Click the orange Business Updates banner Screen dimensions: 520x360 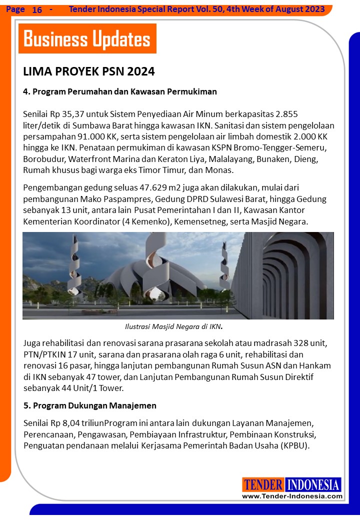click(87, 38)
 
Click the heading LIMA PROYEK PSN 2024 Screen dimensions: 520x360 click(89, 71)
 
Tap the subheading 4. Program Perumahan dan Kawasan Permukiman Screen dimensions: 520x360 click(120, 91)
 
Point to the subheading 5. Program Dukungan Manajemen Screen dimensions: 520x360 click(90, 405)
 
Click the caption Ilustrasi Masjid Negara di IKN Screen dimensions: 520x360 click(173, 327)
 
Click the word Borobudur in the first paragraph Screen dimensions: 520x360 click(43, 158)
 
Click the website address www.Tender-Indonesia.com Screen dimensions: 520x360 click(292, 496)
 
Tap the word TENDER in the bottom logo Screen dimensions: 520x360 click(263, 485)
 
